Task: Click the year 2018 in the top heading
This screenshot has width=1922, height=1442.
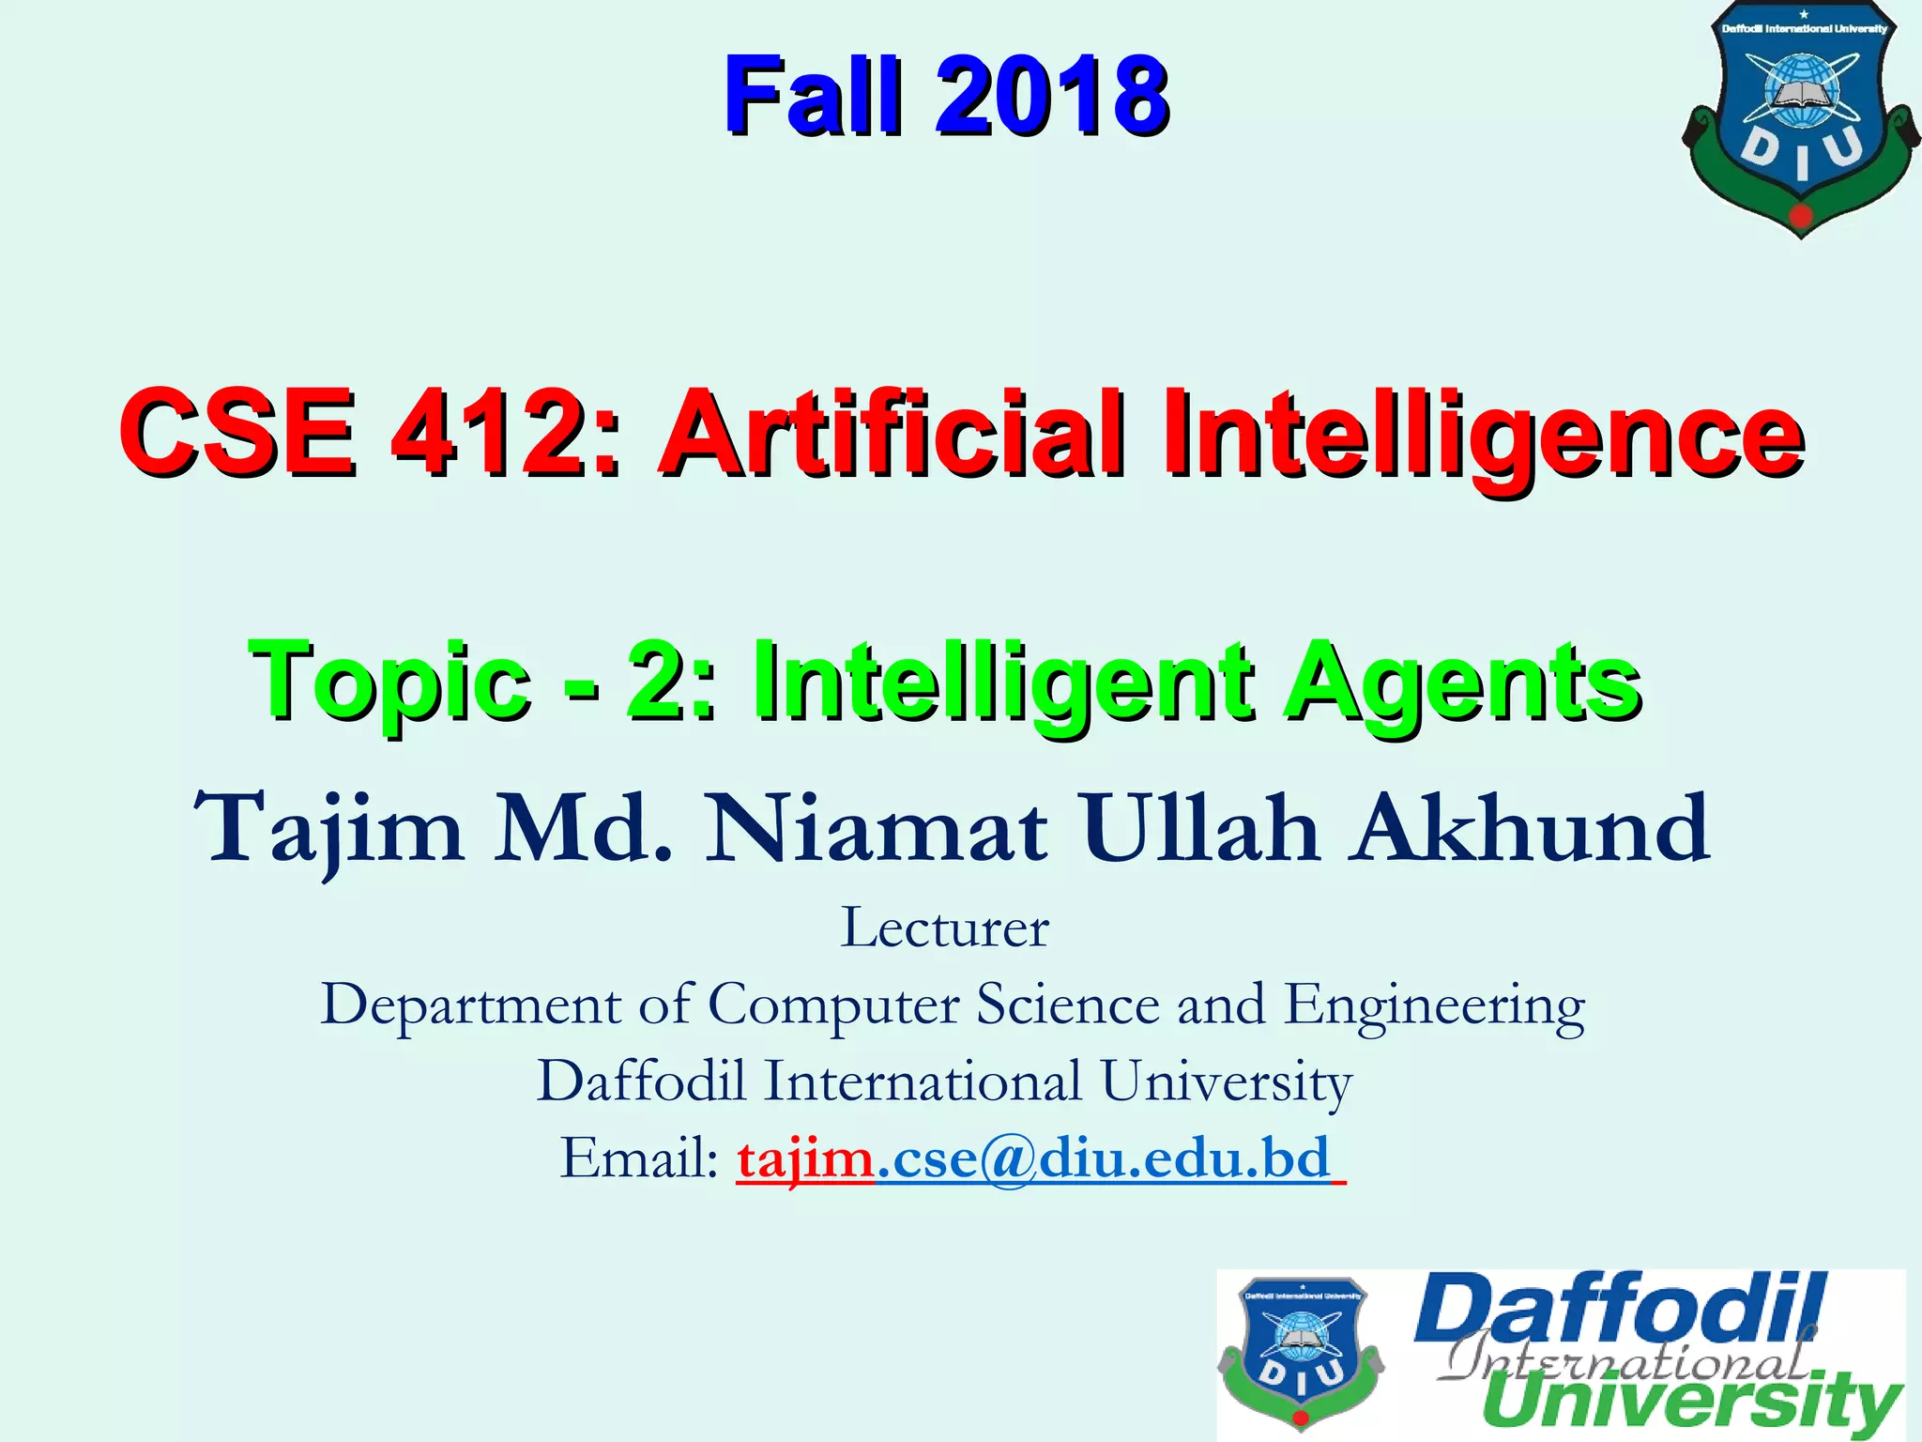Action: pos(1051,96)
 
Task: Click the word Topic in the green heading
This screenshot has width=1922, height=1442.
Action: pos(390,680)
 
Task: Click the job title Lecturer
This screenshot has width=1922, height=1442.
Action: pos(944,928)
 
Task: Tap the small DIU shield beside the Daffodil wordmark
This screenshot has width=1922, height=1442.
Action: pos(1301,1352)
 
